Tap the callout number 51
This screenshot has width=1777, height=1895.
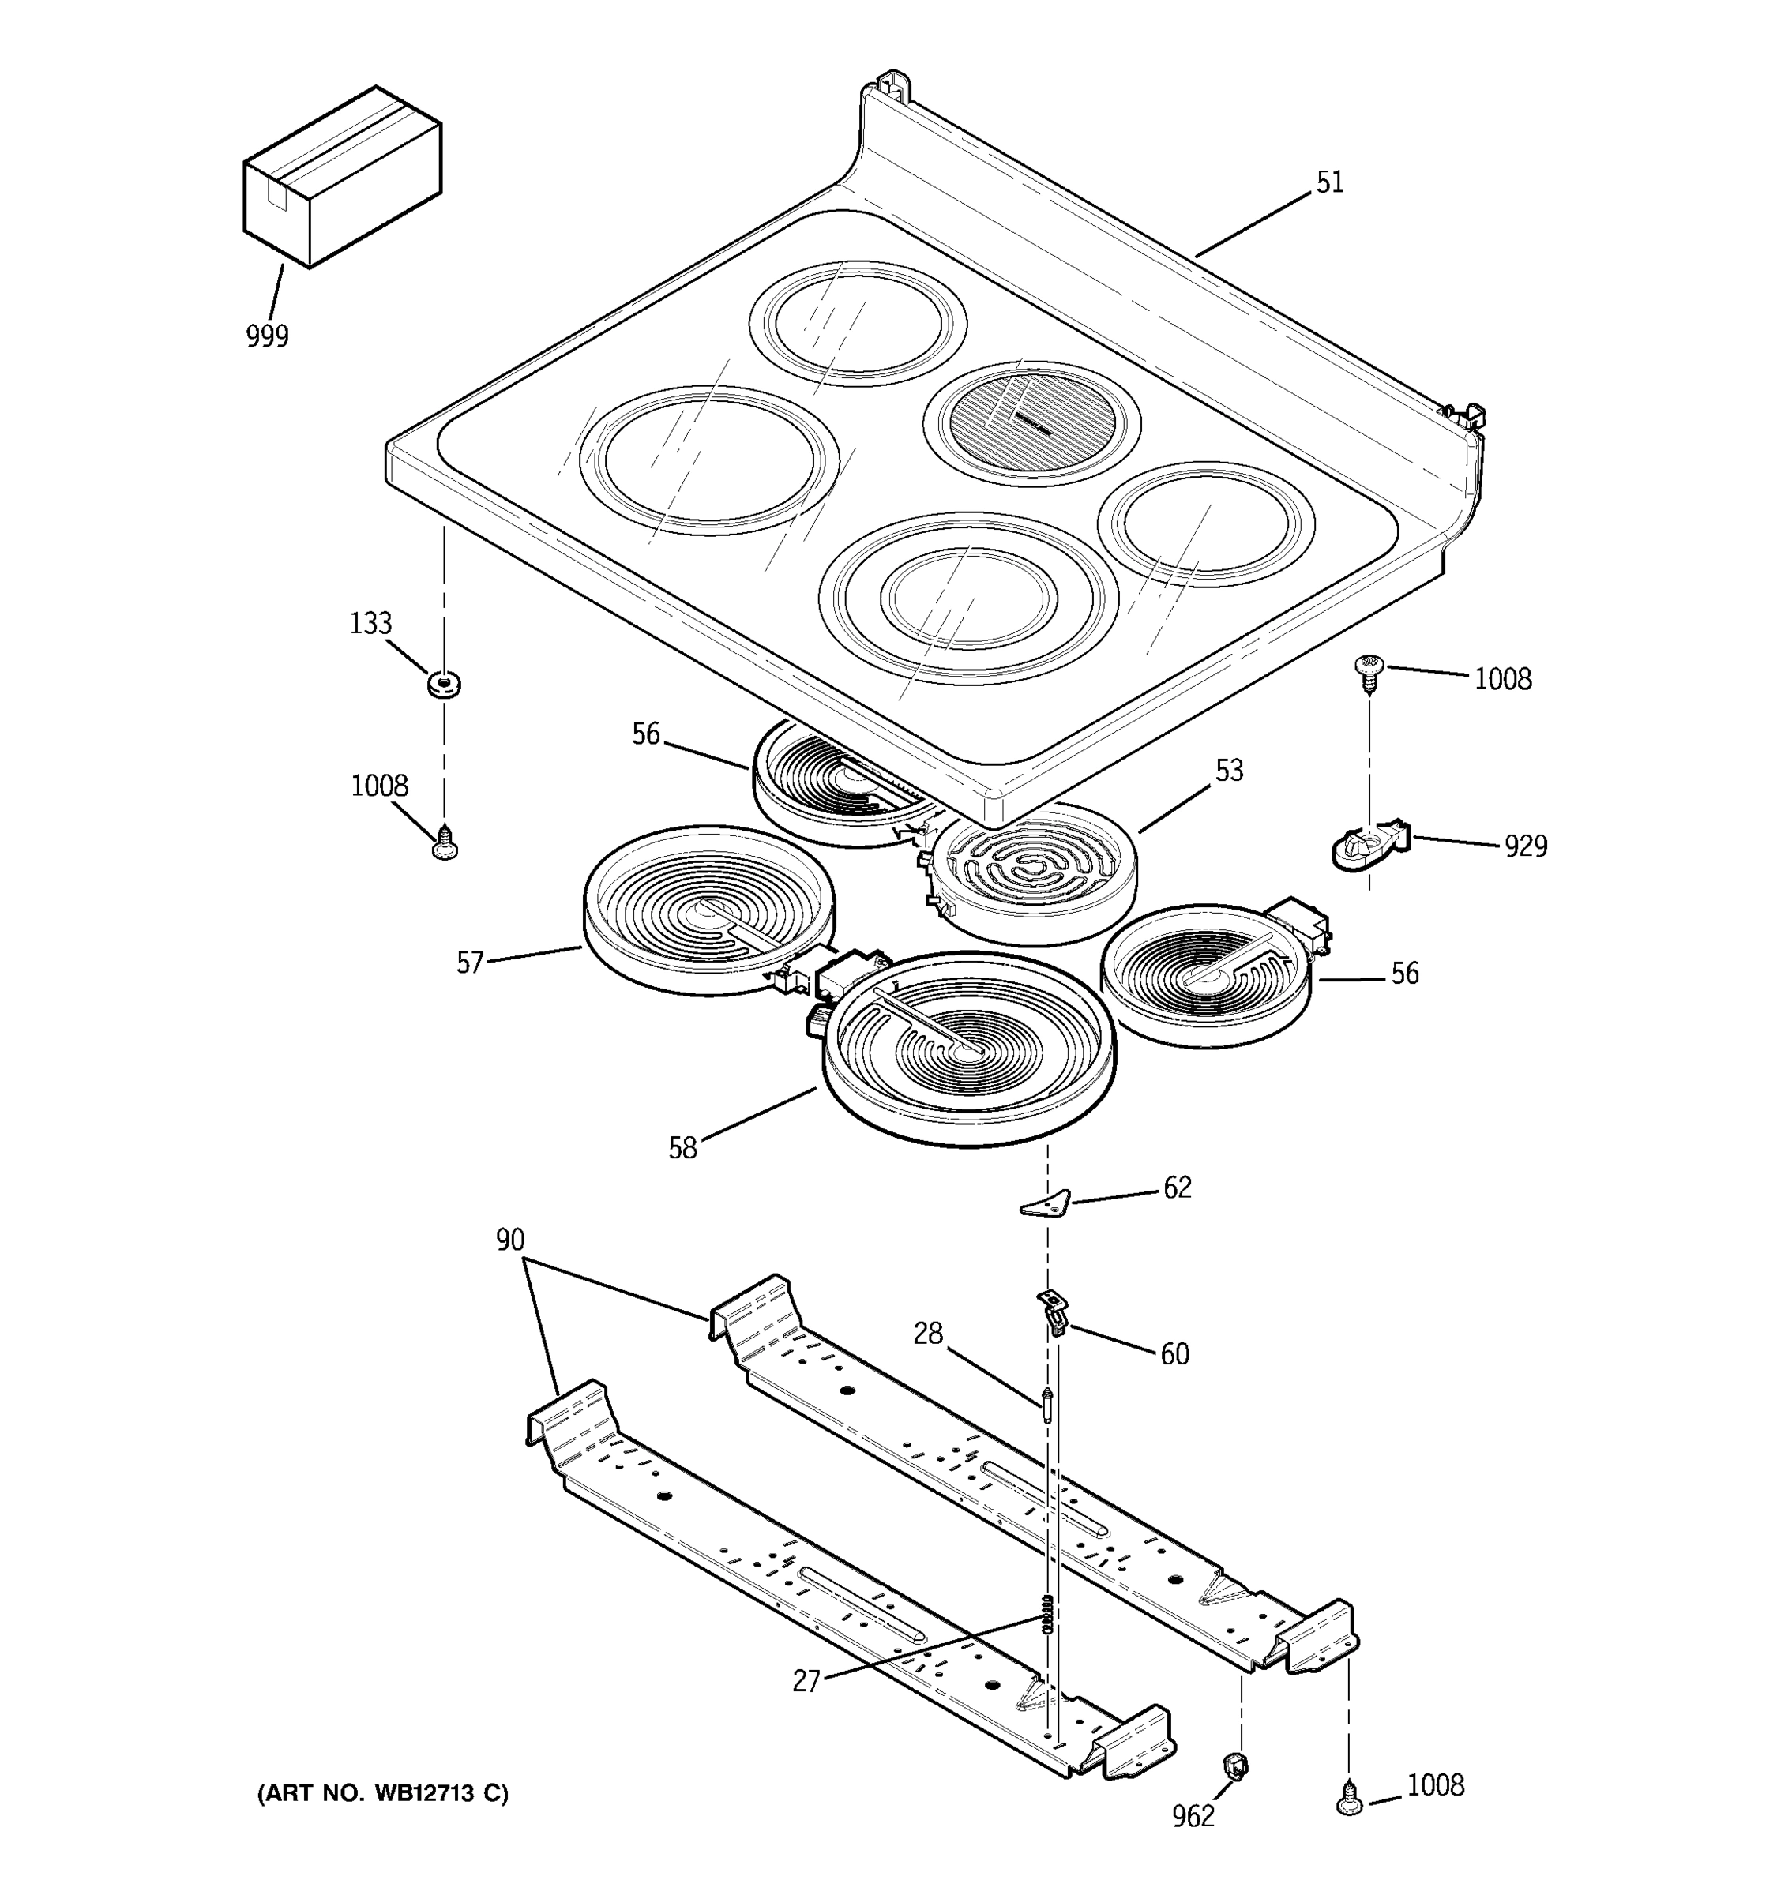click(x=1329, y=183)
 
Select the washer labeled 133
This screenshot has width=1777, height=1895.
click(x=443, y=684)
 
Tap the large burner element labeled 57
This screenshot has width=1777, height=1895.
click(x=708, y=910)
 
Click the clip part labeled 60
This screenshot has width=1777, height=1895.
click(x=1053, y=1311)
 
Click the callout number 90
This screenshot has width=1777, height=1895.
click(x=510, y=1240)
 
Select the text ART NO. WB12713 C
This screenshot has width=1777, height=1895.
click(x=383, y=1793)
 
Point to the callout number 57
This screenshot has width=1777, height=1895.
click(x=470, y=962)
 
